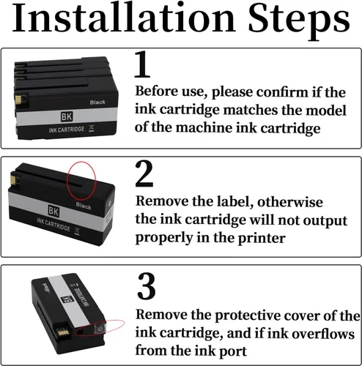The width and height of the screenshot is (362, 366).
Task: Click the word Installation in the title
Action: tap(124, 18)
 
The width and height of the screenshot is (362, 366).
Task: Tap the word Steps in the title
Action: tap(299, 21)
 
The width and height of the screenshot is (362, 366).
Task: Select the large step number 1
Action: tap(142, 64)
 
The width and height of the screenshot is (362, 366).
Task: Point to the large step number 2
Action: tap(144, 173)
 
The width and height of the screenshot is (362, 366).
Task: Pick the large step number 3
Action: tap(146, 286)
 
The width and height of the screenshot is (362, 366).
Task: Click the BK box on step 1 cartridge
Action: tap(67, 116)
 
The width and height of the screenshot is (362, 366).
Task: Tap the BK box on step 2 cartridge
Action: tap(53, 211)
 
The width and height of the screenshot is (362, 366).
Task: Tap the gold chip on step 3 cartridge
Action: tap(60, 332)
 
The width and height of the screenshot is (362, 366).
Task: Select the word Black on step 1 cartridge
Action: tap(97, 102)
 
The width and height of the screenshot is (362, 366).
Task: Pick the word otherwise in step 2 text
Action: tap(290, 202)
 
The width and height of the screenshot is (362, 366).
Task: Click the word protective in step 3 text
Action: tap(248, 315)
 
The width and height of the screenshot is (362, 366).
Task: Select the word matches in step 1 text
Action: tap(251, 110)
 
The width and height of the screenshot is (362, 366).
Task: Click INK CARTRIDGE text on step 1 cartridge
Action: tap(67, 130)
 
